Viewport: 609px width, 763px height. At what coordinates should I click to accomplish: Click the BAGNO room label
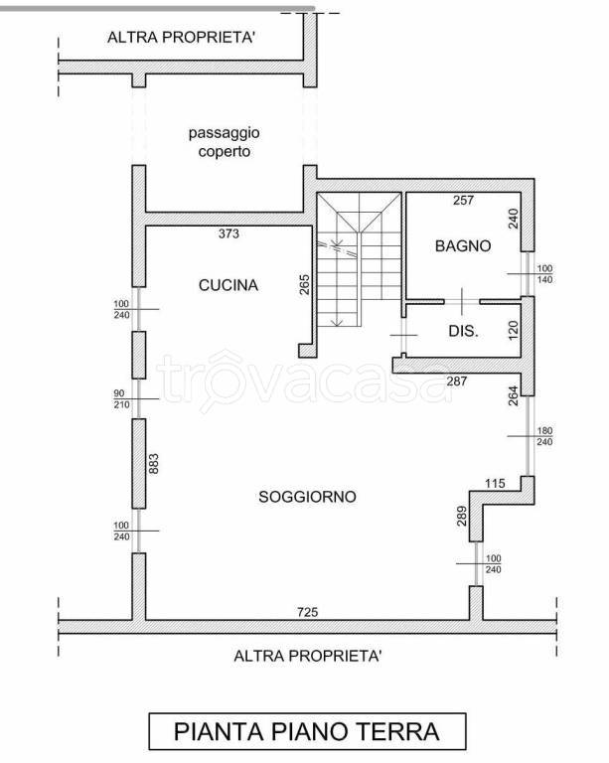pos(463,245)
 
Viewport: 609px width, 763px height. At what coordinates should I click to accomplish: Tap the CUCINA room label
pos(228,285)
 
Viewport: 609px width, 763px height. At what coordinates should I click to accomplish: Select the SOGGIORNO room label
pos(307,497)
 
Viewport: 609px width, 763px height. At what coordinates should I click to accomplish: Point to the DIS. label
pos(463,332)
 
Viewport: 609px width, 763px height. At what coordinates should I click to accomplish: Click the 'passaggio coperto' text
pos(225,142)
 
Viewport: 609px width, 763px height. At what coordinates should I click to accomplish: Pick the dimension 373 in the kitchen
pos(228,233)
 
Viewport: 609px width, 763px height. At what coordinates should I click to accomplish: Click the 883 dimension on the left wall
pos(154,464)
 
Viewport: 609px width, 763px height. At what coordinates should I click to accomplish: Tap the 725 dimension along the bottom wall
pos(307,612)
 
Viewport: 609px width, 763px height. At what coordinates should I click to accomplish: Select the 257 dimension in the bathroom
pos(463,200)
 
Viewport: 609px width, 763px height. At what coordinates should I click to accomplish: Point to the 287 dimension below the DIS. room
pos(457,381)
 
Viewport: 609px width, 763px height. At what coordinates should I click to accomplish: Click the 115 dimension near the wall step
pos(495,483)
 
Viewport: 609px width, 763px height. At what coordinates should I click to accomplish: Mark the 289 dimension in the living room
pos(462,516)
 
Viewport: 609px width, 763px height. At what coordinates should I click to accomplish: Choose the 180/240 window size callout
pos(544,436)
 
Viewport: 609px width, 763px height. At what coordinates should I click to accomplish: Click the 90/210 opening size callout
pos(121,399)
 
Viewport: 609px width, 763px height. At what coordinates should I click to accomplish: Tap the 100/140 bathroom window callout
pos(544,274)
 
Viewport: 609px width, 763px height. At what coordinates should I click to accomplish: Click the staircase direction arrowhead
pos(337,322)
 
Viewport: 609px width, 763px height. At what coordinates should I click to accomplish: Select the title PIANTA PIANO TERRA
pos(307,731)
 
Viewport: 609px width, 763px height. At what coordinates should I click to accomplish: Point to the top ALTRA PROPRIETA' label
pos(181,38)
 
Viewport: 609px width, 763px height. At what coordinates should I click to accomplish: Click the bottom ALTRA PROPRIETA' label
pos(307,656)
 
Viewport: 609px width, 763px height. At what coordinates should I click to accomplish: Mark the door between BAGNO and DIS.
pos(462,302)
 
